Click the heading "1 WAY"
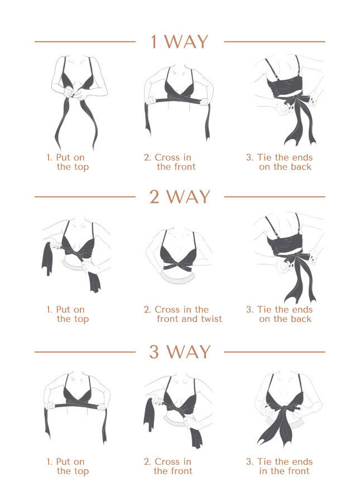click(180, 41)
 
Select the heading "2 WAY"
click(180, 196)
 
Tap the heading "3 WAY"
click(180, 352)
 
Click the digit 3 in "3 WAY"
click(154, 352)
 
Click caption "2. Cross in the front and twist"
click(183, 314)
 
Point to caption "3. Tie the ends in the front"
click(280, 466)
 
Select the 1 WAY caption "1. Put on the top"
click(68, 162)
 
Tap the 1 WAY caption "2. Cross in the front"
click(170, 162)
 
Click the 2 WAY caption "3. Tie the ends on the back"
click(280, 314)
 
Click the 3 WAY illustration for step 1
click(76, 408)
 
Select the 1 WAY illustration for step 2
click(177, 102)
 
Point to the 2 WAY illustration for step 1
click(76, 254)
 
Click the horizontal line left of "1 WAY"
click(85, 41)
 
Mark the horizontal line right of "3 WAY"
click(275, 352)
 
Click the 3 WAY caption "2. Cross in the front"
click(168, 466)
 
